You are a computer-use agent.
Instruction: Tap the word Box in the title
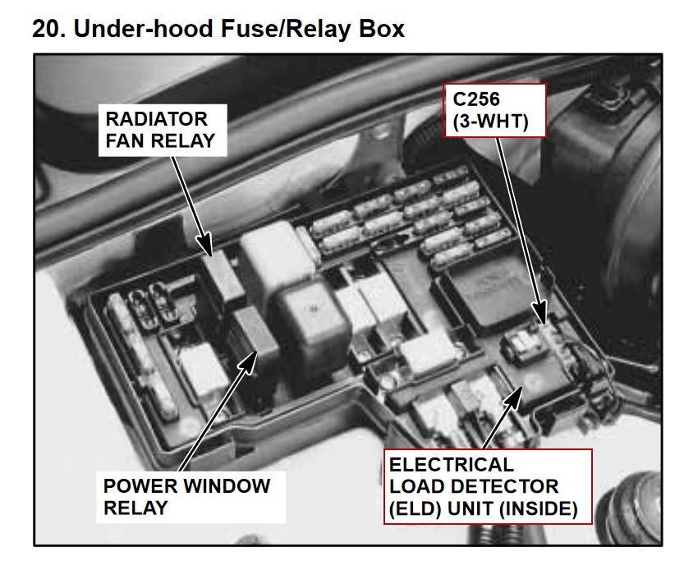pos(383,29)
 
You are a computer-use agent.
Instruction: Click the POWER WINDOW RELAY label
pos(186,496)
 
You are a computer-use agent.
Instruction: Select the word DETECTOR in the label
pos(514,487)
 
